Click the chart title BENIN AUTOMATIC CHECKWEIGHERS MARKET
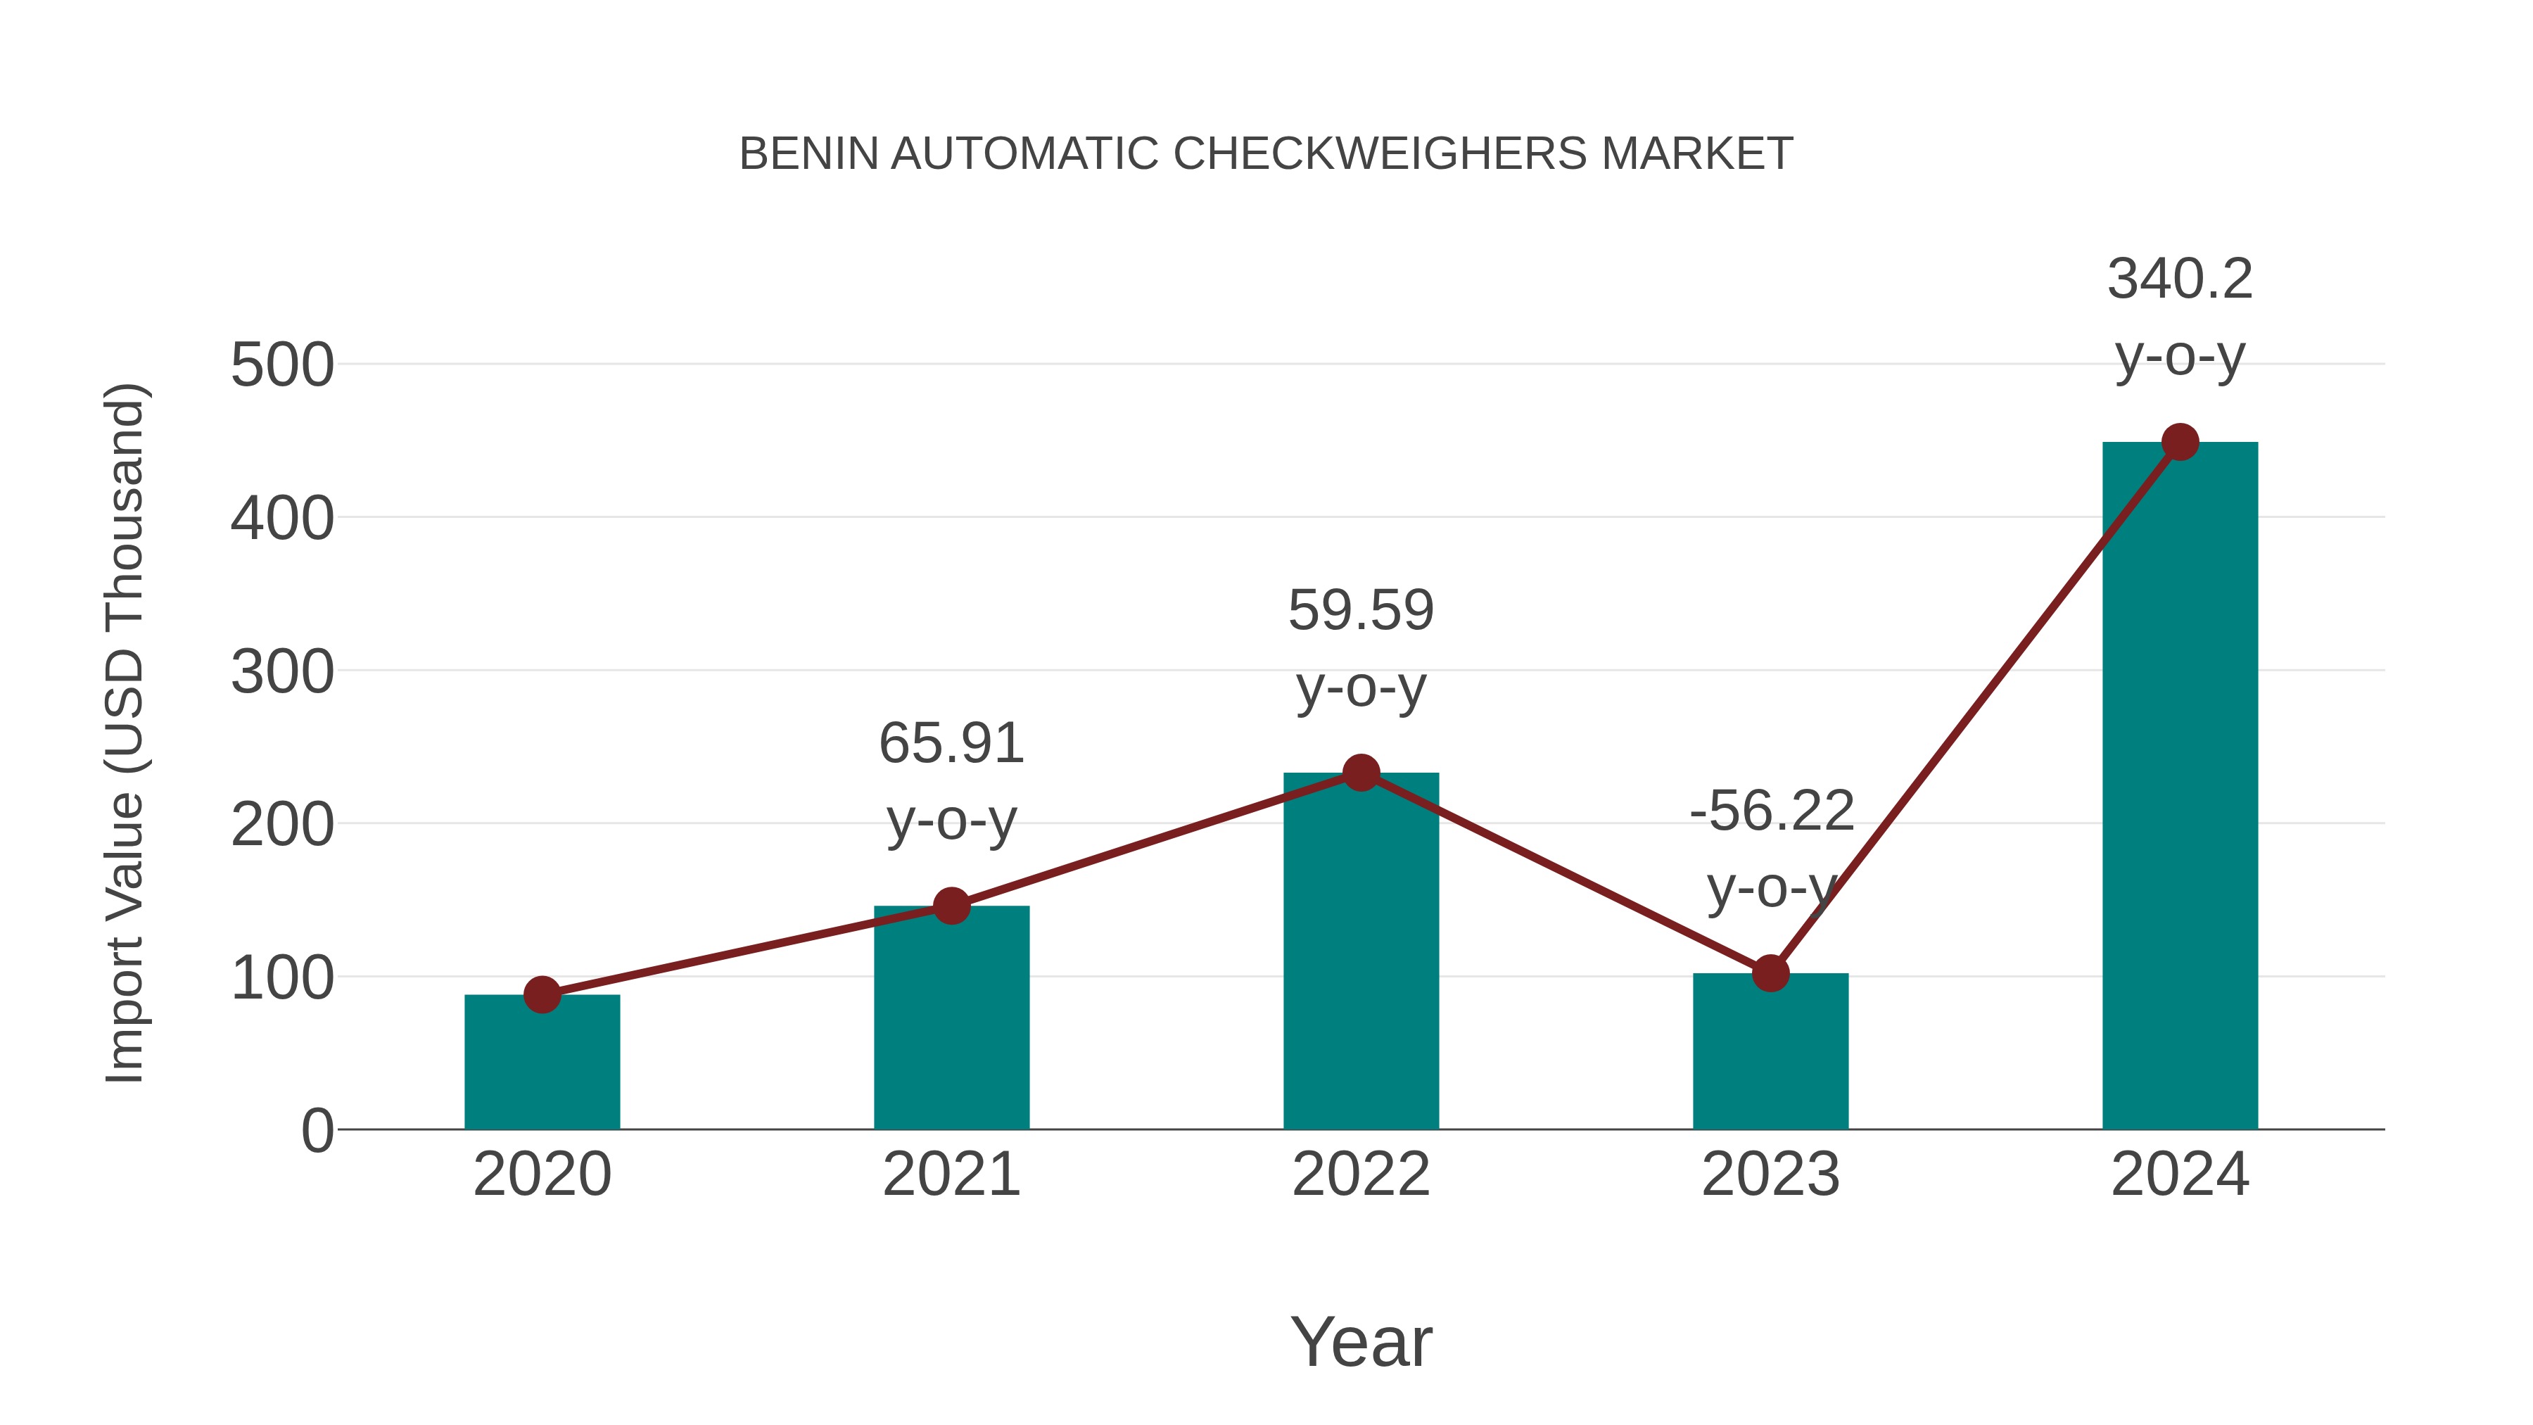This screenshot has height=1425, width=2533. point(1266,154)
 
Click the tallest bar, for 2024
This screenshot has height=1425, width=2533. point(2179,786)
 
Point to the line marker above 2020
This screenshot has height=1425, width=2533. point(542,994)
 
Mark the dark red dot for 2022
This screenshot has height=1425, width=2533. point(1360,773)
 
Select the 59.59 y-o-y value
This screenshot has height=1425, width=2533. point(1360,611)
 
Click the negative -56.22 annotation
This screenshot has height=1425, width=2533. point(1771,811)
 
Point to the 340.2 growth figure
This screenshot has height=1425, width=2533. point(2179,279)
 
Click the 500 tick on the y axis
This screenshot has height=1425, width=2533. point(282,366)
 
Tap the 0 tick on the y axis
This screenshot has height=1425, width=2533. point(317,1131)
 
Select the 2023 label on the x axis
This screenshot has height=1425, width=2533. point(1770,1174)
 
